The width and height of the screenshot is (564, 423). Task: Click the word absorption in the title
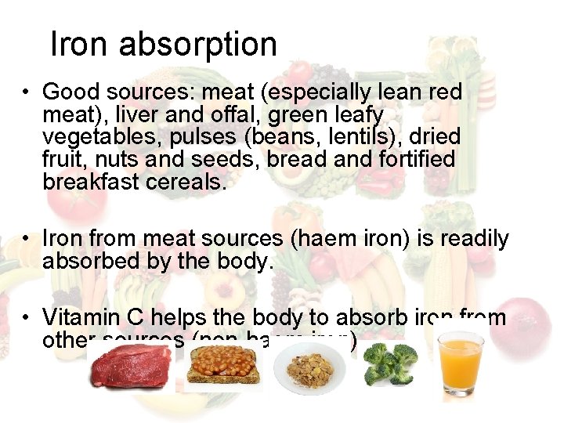pos(198,45)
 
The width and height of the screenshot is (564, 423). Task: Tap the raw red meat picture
pos(132,367)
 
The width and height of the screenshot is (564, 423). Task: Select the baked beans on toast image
pos(224,367)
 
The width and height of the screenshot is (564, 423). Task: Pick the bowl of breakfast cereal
pos(312,367)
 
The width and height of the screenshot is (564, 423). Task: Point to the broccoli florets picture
pos(391,365)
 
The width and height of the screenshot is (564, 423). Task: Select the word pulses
pos(199,137)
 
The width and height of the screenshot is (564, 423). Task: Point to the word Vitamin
pos(81,318)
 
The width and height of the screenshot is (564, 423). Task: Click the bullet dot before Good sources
pos(27,92)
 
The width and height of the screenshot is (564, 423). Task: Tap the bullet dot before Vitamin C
pos(27,318)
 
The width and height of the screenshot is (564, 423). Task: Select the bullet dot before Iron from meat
pos(27,239)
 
